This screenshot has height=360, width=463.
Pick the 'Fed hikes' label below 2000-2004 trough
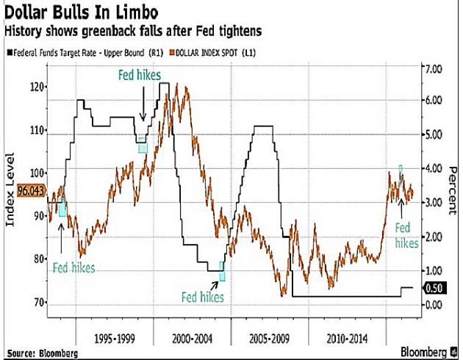click(202, 297)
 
